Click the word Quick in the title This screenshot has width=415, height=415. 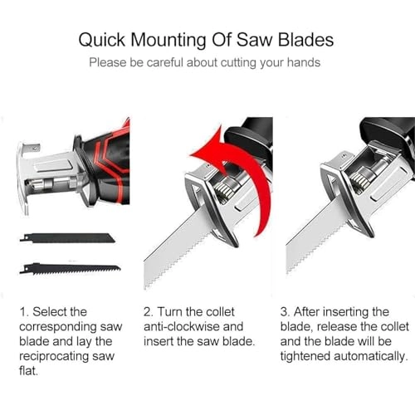(102, 40)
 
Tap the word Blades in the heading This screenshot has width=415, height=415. (305, 40)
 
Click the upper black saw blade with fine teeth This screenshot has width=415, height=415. (67, 238)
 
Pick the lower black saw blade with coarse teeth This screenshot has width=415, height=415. (70, 268)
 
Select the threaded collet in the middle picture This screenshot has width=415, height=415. (225, 191)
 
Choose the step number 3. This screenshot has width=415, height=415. (285, 312)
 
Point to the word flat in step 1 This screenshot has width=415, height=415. (27, 371)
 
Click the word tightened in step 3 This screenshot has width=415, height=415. (305, 356)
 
